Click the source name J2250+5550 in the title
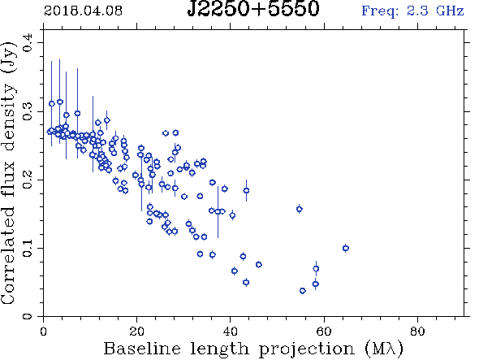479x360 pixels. pyautogui.click(x=253, y=8)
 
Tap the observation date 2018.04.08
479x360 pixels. pyautogui.click(x=83, y=11)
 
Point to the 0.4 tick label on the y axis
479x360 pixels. pyautogui.click(x=27, y=43)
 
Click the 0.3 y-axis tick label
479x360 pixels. pyautogui.click(x=27, y=111)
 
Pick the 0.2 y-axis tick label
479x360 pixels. pyautogui.click(x=27, y=180)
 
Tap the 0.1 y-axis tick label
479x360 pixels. pyautogui.click(x=27, y=248)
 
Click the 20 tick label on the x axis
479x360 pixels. pyautogui.click(x=136, y=332)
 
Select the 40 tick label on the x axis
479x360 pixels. pyautogui.click(x=230, y=332)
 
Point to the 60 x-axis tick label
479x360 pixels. pyautogui.click(x=323, y=332)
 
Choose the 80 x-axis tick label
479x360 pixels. pyautogui.click(x=417, y=332)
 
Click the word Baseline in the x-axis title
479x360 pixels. pyautogui.click(x=142, y=349)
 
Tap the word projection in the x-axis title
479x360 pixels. pyautogui.click(x=307, y=349)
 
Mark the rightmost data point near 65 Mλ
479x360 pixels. pyautogui.click(x=346, y=248)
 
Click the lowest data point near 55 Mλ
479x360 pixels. pyautogui.click(x=303, y=291)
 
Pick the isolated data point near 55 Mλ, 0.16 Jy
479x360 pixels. pyautogui.click(x=300, y=209)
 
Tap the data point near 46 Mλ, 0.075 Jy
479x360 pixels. pyautogui.click(x=258, y=265)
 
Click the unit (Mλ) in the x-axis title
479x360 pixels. pyautogui.click(x=384, y=349)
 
